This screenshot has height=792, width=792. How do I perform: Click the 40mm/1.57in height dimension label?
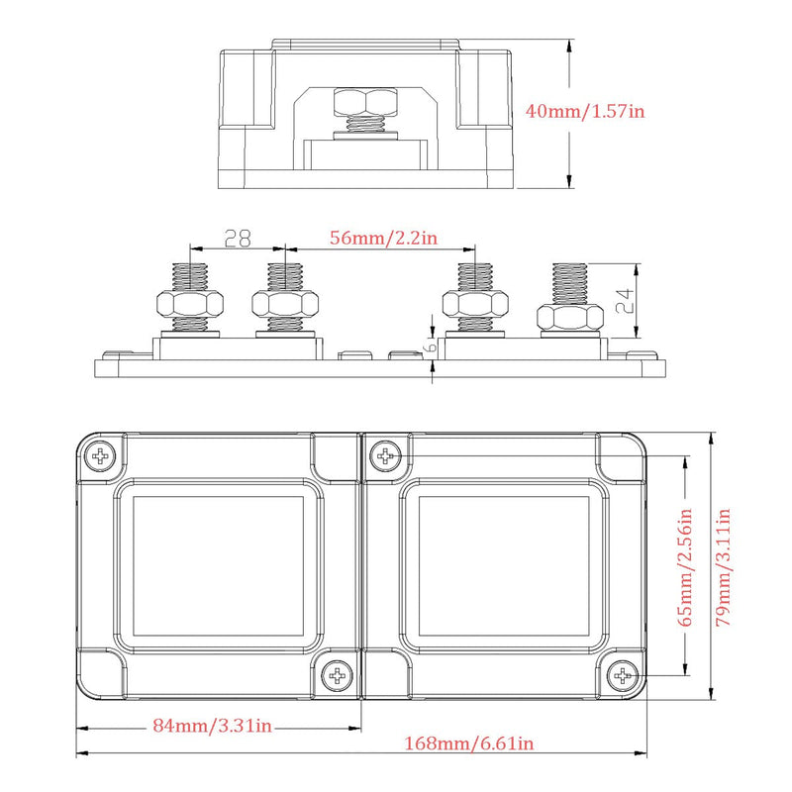point(585,111)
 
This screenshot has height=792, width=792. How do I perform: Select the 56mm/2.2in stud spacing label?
point(383,238)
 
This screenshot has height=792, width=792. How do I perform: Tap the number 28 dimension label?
point(238,238)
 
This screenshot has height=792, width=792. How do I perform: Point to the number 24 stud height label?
point(626,301)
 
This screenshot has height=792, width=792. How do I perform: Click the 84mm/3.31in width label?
point(212,726)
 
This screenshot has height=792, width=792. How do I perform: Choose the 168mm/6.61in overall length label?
point(468,743)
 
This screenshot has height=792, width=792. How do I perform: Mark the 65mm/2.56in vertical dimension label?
point(684,567)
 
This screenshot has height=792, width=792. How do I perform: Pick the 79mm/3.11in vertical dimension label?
point(724,567)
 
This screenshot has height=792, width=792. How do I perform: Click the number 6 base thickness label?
point(432,346)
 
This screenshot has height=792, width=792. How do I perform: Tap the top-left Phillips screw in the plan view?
point(100,456)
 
